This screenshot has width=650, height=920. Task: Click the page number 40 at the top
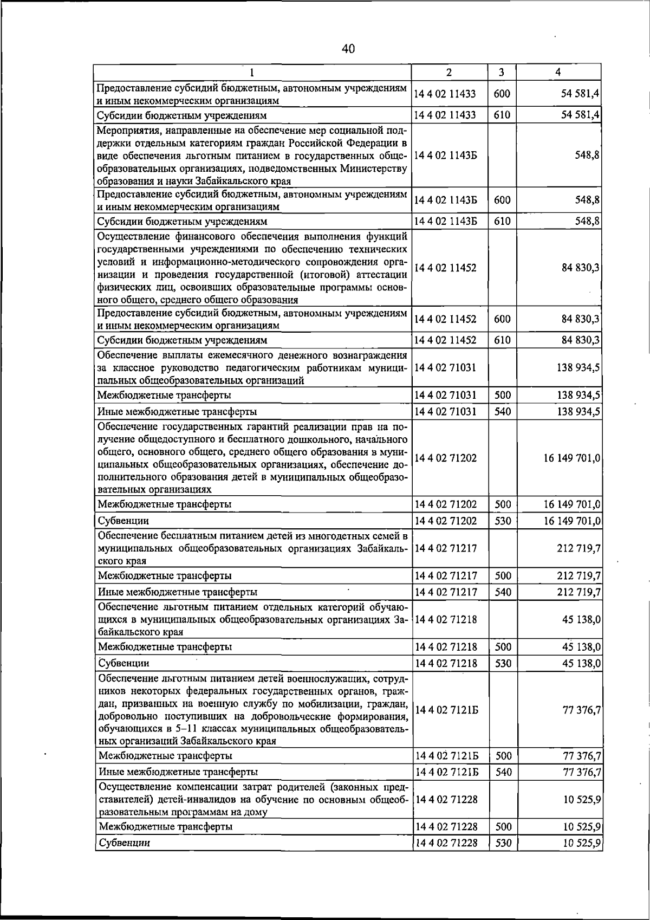348,49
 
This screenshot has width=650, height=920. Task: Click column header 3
502,72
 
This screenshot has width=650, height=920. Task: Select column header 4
558,72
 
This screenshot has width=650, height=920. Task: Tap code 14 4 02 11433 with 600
445,94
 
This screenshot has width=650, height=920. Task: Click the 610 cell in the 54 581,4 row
502,115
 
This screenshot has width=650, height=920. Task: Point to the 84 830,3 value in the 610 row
580,340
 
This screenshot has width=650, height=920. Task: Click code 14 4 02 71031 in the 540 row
445,412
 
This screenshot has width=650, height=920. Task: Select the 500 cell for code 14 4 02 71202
503,504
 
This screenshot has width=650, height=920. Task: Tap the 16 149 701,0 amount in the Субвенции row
572,521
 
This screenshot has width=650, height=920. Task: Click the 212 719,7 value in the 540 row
579,592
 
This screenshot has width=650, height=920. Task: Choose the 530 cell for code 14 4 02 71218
503,663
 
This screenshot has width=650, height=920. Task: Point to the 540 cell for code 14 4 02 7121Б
503,772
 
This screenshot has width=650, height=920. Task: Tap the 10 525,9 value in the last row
582,843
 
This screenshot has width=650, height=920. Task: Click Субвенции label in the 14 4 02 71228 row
123,843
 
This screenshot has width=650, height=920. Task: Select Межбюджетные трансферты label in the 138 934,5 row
164,395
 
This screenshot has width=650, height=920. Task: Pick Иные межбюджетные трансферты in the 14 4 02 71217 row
177,592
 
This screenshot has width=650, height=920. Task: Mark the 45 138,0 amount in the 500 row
582,647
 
